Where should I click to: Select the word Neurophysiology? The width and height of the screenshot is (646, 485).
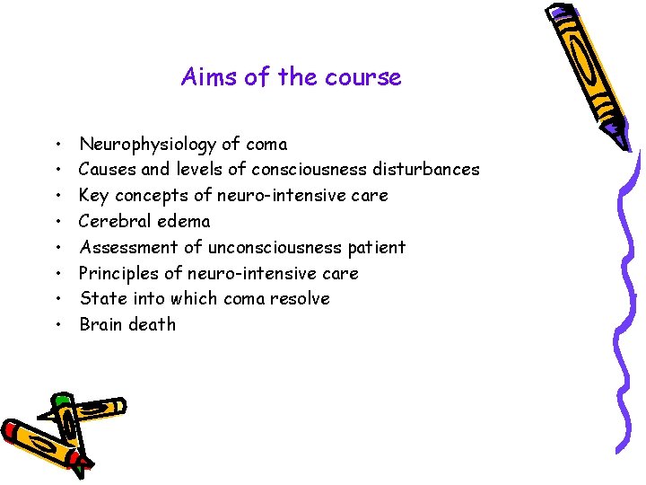[148, 144]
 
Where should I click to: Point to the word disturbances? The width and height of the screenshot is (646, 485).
[426, 169]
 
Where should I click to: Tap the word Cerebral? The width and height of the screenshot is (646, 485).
[111, 221]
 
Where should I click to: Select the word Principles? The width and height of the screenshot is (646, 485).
[117, 273]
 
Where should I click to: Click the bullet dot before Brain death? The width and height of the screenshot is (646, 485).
[57, 325]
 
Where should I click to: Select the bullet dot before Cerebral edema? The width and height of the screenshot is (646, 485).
[57, 222]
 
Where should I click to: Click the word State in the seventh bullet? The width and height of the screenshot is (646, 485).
[100, 298]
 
